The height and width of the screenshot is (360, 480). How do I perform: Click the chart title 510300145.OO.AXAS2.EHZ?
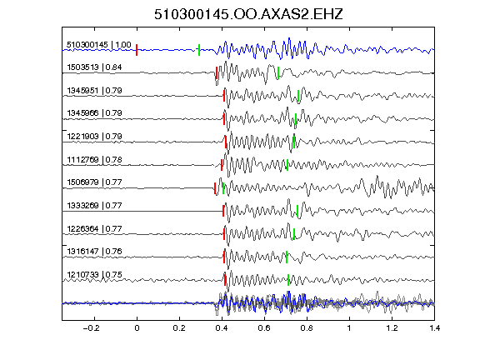(x=248, y=14)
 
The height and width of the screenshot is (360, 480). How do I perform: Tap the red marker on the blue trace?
(x=137, y=50)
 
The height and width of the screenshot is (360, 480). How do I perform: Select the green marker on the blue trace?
(x=199, y=50)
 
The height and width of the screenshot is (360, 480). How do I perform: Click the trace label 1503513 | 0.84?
(x=94, y=67)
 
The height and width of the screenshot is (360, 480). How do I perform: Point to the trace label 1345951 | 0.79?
(x=94, y=91)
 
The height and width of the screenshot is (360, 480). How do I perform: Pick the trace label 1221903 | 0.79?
(x=94, y=136)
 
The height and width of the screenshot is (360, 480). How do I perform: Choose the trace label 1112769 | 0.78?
(x=94, y=159)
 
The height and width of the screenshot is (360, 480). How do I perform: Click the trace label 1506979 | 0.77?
(x=94, y=182)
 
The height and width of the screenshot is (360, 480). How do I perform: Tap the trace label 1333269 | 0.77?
(x=94, y=205)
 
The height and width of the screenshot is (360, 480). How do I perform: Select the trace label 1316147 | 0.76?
(x=94, y=252)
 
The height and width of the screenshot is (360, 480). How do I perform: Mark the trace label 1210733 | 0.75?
(x=94, y=275)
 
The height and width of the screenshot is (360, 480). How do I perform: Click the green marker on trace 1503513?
(x=278, y=72)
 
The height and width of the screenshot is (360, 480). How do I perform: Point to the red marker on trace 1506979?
(x=215, y=188)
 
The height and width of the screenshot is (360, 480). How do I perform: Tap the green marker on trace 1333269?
(x=297, y=211)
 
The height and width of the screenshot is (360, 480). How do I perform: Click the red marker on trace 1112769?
(x=222, y=165)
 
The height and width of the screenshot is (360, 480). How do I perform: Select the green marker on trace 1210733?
(x=288, y=280)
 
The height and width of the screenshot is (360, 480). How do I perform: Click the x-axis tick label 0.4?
(x=222, y=328)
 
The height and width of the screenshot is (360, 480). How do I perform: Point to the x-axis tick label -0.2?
(x=91, y=328)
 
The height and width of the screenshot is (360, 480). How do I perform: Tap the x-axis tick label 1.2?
(x=392, y=328)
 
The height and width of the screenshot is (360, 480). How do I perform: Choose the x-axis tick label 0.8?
(x=307, y=328)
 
